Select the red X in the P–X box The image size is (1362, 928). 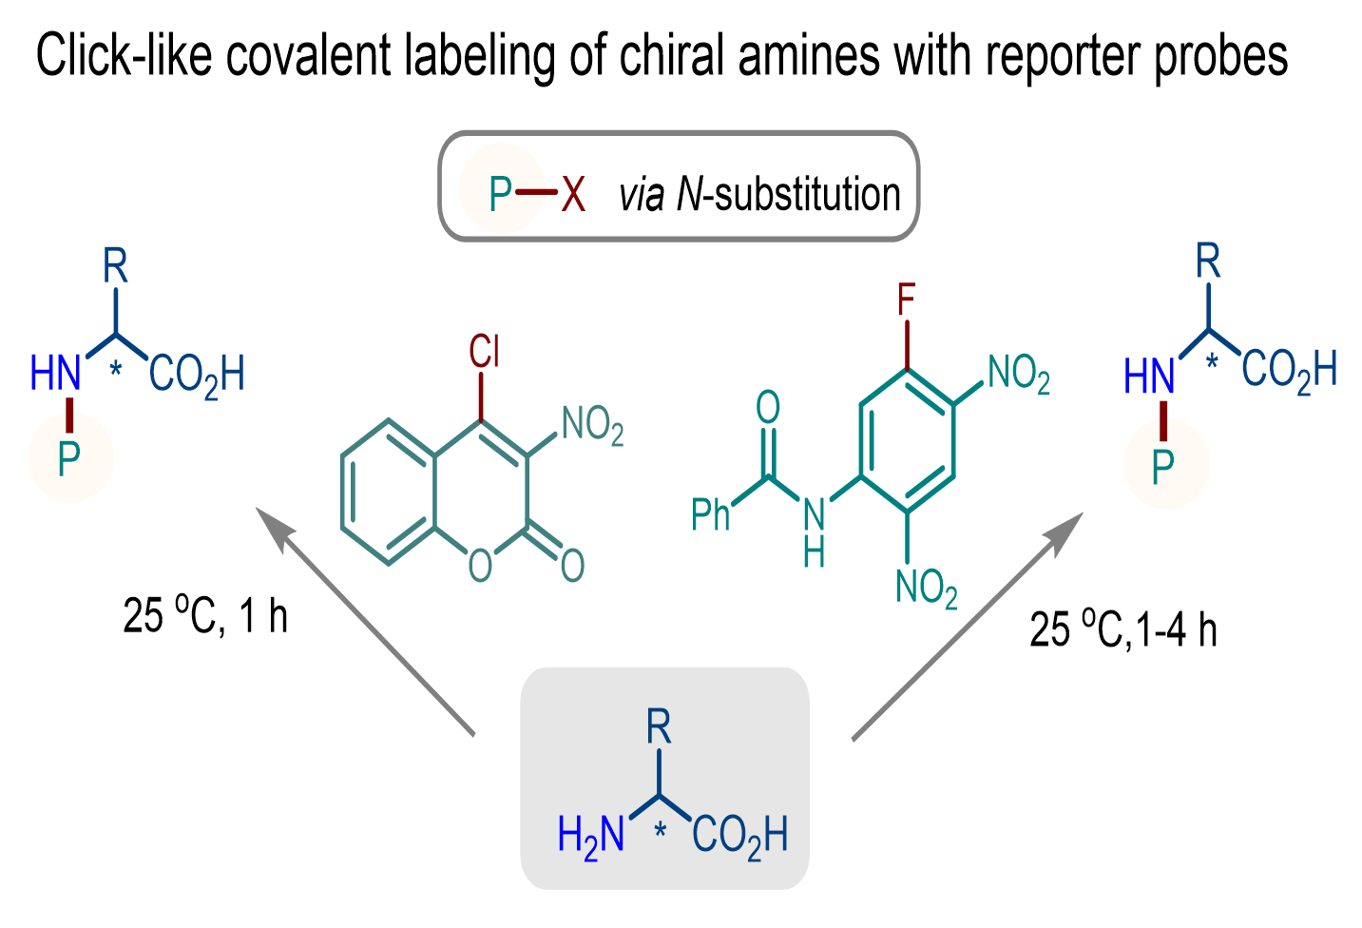pos(572,194)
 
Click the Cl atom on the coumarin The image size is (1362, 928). pos(484,351)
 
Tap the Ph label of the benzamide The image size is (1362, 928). pos(711,514)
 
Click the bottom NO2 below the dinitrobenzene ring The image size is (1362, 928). pos(926,587)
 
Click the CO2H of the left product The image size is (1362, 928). pos(197,374)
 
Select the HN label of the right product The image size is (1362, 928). pos(1149,377)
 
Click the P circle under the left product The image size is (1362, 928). pos(70,459)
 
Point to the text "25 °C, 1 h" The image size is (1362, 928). pos(205,615)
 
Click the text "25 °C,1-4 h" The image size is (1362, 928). pos(1123,629)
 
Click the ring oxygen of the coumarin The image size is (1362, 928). pos(481,565)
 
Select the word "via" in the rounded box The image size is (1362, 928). pos(641,194)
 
